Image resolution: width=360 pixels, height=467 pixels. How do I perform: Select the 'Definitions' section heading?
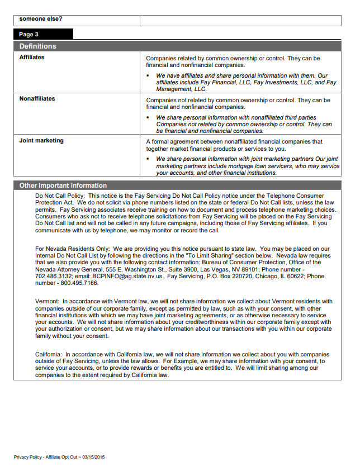coord(37,46)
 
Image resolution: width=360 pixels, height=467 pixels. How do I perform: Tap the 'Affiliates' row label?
coord(32,58)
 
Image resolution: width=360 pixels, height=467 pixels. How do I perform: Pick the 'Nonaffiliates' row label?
coord(37,99)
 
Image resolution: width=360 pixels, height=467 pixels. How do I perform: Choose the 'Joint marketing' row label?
coord(41,141)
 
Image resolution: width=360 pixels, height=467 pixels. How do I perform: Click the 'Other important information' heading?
coord(63,185)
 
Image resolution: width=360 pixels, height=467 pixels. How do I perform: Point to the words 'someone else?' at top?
coord(41,18)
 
